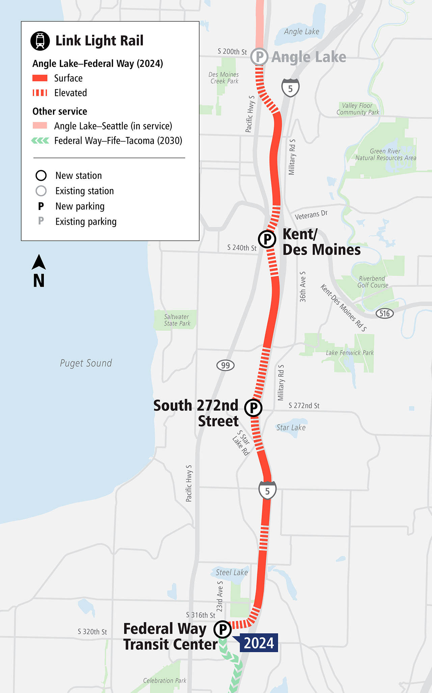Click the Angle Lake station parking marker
[260, 57]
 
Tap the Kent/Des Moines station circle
[267, 239]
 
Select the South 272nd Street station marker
[253, 408]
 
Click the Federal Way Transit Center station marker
[222, 629]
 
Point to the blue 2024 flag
[259, 643]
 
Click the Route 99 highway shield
[225, 365]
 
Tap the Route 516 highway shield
[384, 313]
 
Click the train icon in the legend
[40, 41]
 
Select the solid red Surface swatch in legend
[40, 78]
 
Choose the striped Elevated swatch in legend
[40, 93]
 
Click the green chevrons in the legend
[40, 141]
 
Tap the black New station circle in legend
[41, 175]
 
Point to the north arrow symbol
[39, 262]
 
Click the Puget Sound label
[86, 363]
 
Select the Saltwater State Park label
[177, 320]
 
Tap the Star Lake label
[291, 427]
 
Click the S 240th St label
[242, 248]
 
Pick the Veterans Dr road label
[311, 215]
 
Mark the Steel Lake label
[232, 572]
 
